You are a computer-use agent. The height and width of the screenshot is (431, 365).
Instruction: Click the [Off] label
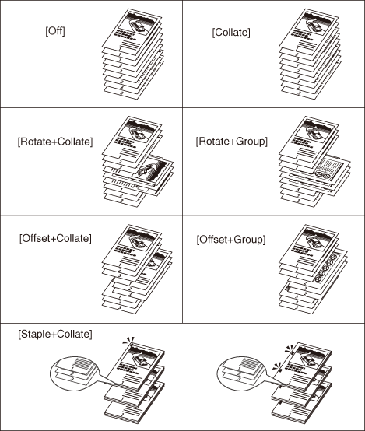[x=55, y=31]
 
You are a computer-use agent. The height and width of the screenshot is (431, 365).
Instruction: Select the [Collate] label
[x=231, y=33]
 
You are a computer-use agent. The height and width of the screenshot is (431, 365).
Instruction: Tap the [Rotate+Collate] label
[x=55, y=142]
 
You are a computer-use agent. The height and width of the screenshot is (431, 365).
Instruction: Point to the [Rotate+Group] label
[x=232, y=142]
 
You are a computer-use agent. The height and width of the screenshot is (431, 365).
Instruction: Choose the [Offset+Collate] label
[x=55, y=238]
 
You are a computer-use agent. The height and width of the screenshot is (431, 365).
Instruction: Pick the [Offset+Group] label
[x=231, y=240]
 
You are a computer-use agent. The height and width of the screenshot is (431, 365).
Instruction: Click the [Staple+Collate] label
[x=55, y=335]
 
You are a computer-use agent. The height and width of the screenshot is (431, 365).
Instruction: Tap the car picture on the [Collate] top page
[x=318, y=23]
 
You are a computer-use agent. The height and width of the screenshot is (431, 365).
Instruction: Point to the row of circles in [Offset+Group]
[x=327, y=268]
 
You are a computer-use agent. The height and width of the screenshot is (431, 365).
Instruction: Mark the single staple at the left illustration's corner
[x=132, y=344]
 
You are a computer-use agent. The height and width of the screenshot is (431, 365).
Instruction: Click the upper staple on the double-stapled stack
[x=292, y=352]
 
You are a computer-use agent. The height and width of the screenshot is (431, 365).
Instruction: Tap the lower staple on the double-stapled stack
[x=280, y=370]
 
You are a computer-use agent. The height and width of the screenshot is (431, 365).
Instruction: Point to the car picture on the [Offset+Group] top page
[x=318, y=239]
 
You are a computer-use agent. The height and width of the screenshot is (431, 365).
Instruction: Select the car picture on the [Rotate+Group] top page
[x=318, y=130]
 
